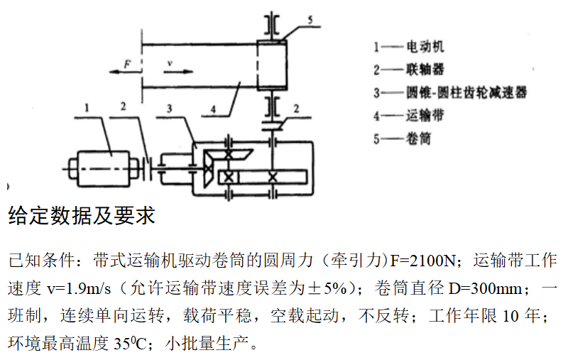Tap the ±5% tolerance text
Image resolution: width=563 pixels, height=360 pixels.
333,289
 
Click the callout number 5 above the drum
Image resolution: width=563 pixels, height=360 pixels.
310,21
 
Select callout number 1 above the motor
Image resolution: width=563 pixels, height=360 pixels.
86,108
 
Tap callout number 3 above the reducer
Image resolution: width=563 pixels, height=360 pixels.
169,108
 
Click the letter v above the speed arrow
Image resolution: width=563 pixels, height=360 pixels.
170,62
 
